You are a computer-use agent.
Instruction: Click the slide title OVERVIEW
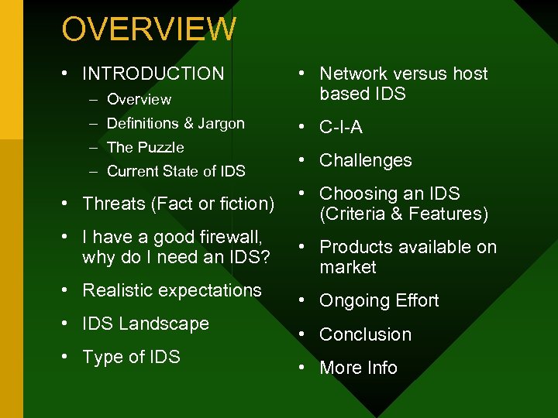pyautogui.click(x=149, y=29)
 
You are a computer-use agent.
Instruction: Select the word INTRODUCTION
pyautogui.click(x=153, y=74)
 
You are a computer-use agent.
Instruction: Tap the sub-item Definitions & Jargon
pyautogui.click(x=175, y=123)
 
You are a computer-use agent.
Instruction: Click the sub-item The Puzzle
pyautogui.click(x=145, y=147)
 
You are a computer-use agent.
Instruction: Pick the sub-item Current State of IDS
pyautogui.click(x=176, y=171)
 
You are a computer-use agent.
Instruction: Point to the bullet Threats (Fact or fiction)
pyautogui.click(x=178, y=204)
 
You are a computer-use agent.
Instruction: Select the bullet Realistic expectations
pyautogui.click(x=172, y=290)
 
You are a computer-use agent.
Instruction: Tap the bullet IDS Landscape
pyautogui.click(x=146, y=324)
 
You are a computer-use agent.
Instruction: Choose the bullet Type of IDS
pyautogui.click(x=131, y=357)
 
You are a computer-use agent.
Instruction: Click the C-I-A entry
pyautogui.click(x=341, y=127)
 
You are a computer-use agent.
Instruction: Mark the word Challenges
pyautogui.click(x=366, y=160)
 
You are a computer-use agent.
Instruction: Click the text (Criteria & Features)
pyautogui.click(x=404, y=214)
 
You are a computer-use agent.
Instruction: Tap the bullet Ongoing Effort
pyautogui.click(x=379, y=300)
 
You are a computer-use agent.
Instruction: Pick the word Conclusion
pyautogui.click(x=365, y=334)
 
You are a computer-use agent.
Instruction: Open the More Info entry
pyautogui.click(x=358, y=368)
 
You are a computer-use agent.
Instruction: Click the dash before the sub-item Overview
pyautogui.click(x=93, y=99)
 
